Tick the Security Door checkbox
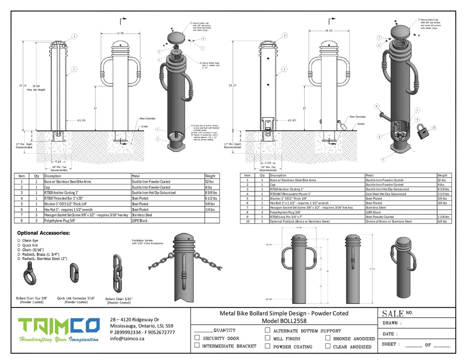(x=197, y=338)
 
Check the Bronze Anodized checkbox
(x=328, y=338)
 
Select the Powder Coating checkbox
(x=267, y=346)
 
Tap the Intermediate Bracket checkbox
(x=197, y=346)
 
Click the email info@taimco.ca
(x=127, y=339)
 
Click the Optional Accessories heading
(x=44, y=232)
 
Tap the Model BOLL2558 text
(x=283, y=321)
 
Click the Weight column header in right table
(x=443, y=175)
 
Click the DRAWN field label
(x=392, y=323)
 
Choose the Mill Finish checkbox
(x=267, y=338)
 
